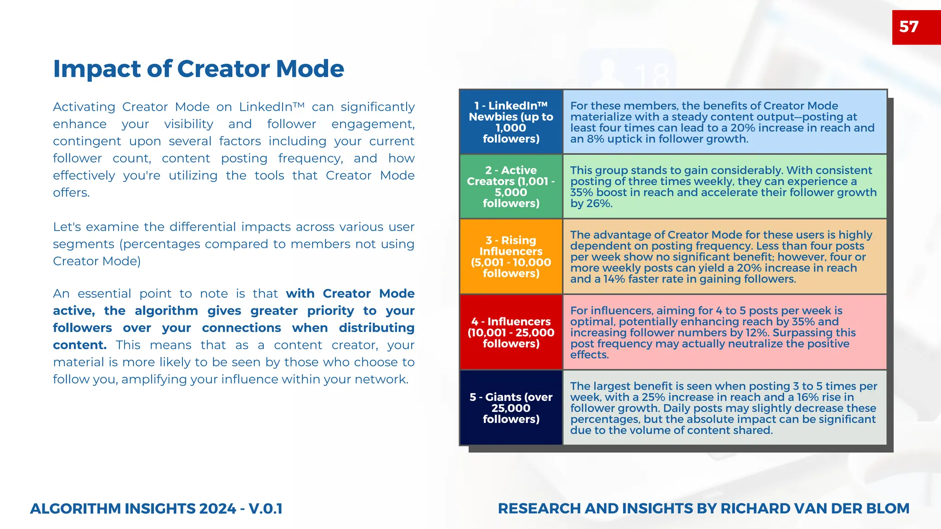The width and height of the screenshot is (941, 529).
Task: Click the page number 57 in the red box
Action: click(x=909, y=27)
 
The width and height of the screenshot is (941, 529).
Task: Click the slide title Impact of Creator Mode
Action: click(x=198, y=69)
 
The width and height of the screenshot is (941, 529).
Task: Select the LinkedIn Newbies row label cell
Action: click(x=511, y=122)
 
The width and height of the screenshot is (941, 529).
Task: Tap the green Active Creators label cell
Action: click(x=511, y=186)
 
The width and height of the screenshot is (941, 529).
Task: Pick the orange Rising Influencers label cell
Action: click(x=511, y=257)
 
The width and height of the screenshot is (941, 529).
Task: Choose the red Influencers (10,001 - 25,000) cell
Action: click(x=511, y=332)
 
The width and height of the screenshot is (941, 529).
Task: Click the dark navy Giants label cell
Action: click(x=511, y=408)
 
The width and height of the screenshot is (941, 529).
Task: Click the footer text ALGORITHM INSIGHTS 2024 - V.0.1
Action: click(x=156, y=509)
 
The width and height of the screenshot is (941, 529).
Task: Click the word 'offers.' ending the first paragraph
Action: click(x=71, y=193)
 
